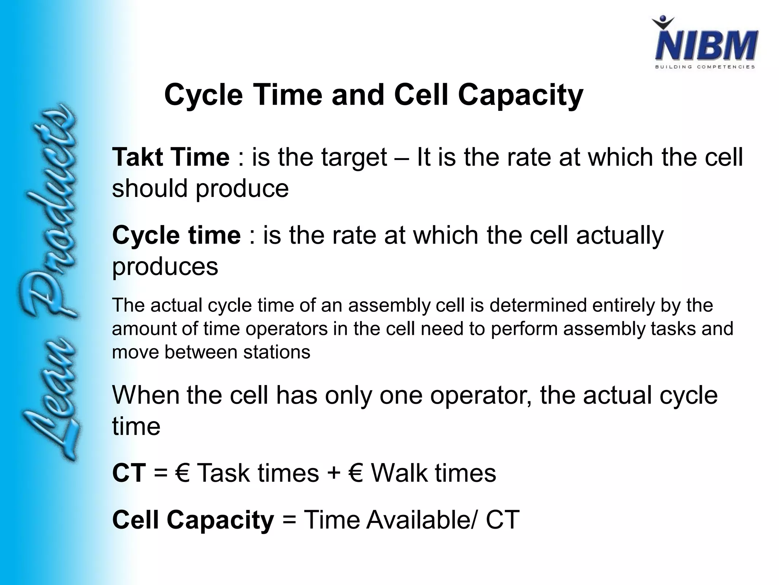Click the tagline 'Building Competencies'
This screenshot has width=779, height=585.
705,67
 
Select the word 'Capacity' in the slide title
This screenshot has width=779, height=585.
520,95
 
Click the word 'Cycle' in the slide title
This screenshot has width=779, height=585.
203,95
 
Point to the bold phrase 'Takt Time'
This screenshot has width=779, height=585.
171,157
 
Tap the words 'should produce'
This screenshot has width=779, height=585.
200,189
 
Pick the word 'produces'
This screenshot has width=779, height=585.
165,267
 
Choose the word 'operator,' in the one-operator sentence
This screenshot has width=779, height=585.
481,395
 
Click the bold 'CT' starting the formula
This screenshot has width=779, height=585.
129,473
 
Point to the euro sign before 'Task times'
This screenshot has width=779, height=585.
183,473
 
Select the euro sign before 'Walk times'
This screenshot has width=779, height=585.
355,473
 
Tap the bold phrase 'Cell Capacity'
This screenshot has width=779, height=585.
193,520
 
